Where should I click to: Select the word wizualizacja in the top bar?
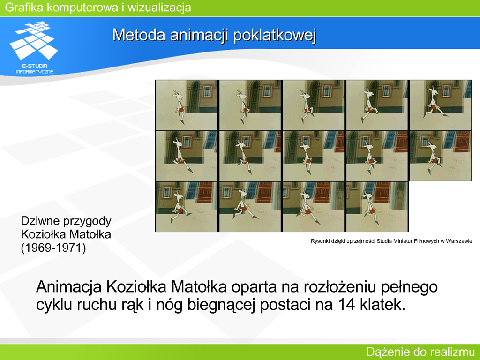click(x=159, y=7)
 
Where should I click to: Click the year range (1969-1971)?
click(x=53, y=247)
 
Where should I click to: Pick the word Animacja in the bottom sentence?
click(x=69, y=287)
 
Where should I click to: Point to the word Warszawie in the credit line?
click(x=459, y=241)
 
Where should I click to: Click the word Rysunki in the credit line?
click(x=320, y=241)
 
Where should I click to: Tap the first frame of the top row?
click(x=187, y=105)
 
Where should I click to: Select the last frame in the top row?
click(x=441, y=105)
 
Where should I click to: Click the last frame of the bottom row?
click(x=377, y=206)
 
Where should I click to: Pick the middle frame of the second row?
click(x=314, y=156)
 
